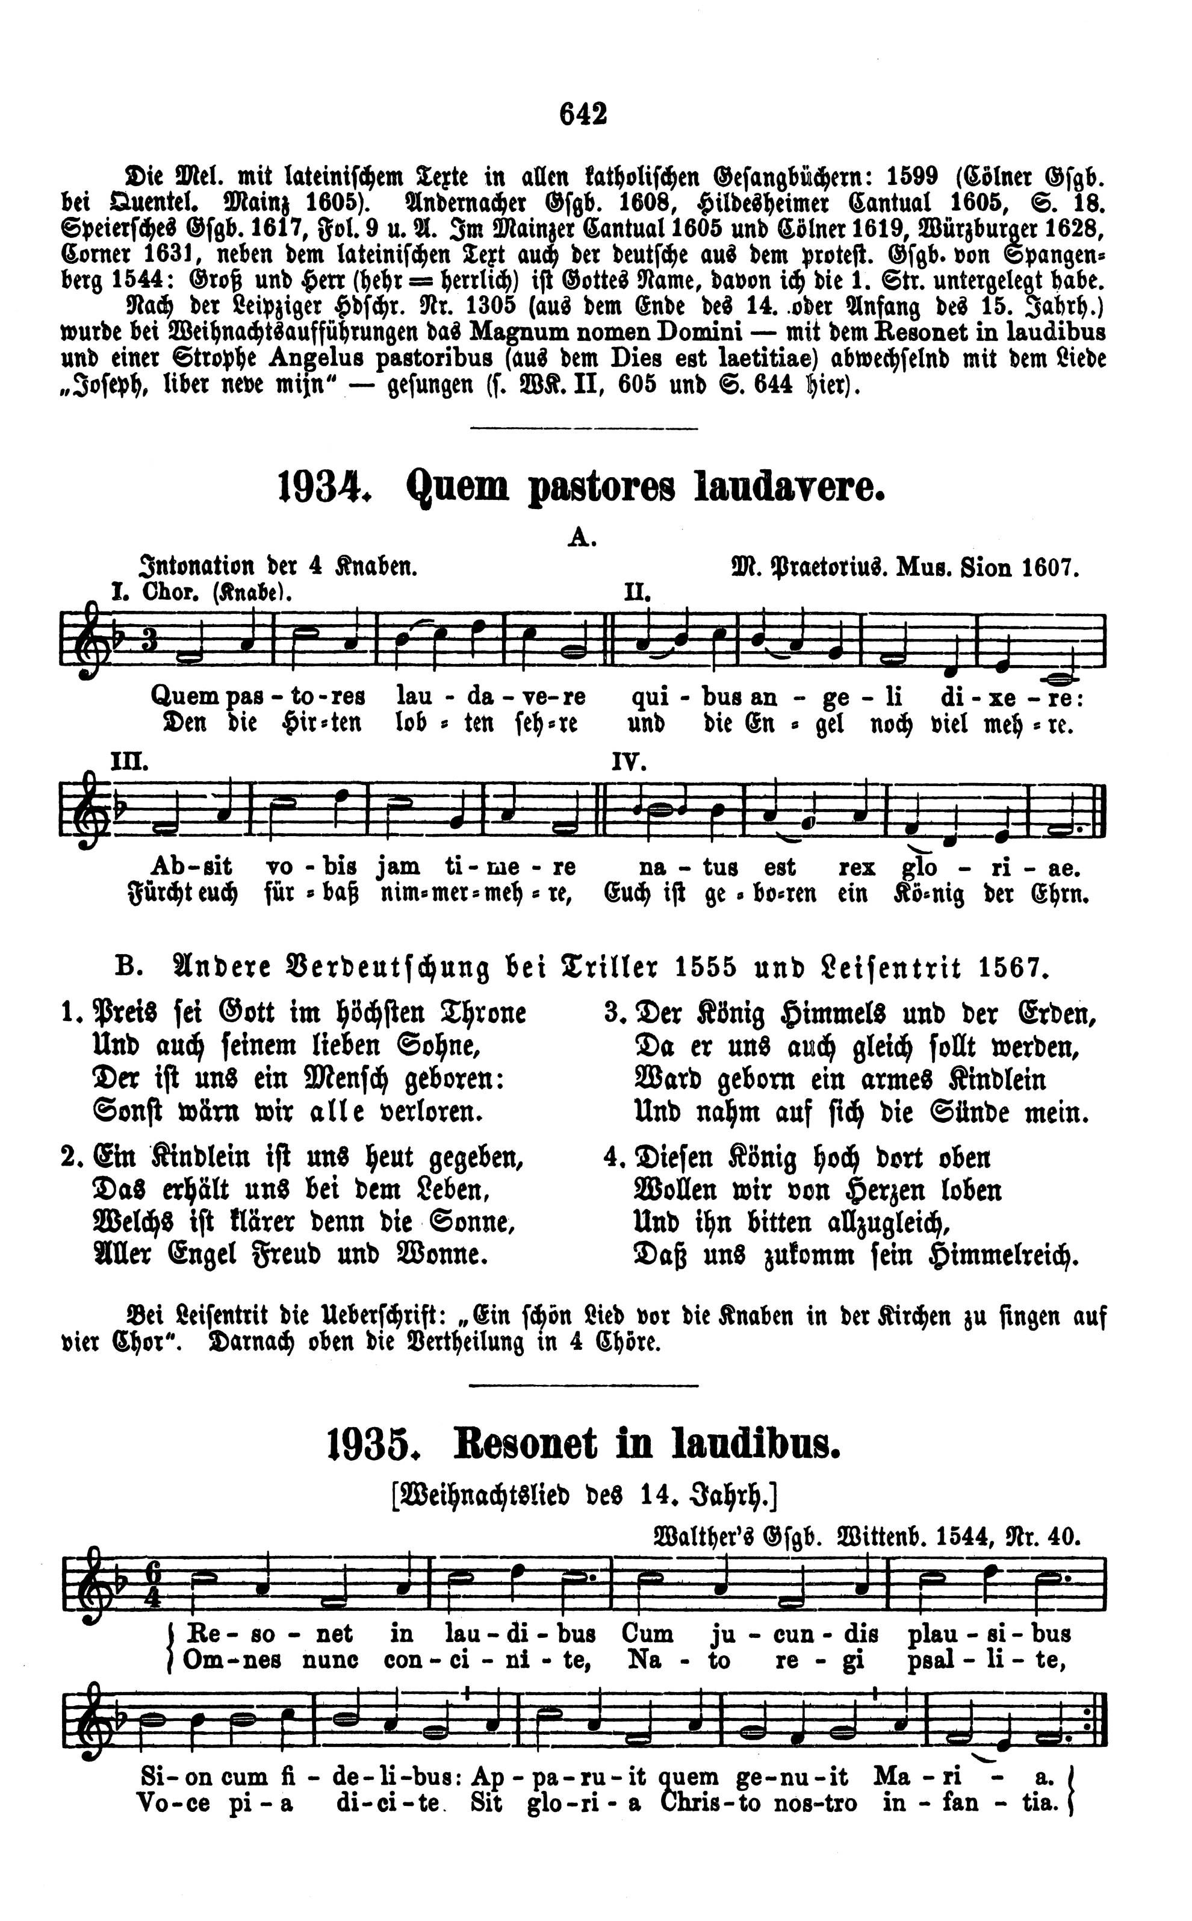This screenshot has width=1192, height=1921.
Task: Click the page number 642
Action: click(x=583, y=115)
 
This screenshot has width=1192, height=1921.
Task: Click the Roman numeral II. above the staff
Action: click(x=637, y=592)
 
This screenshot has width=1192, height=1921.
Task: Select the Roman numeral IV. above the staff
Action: click(x=629, y=763)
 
